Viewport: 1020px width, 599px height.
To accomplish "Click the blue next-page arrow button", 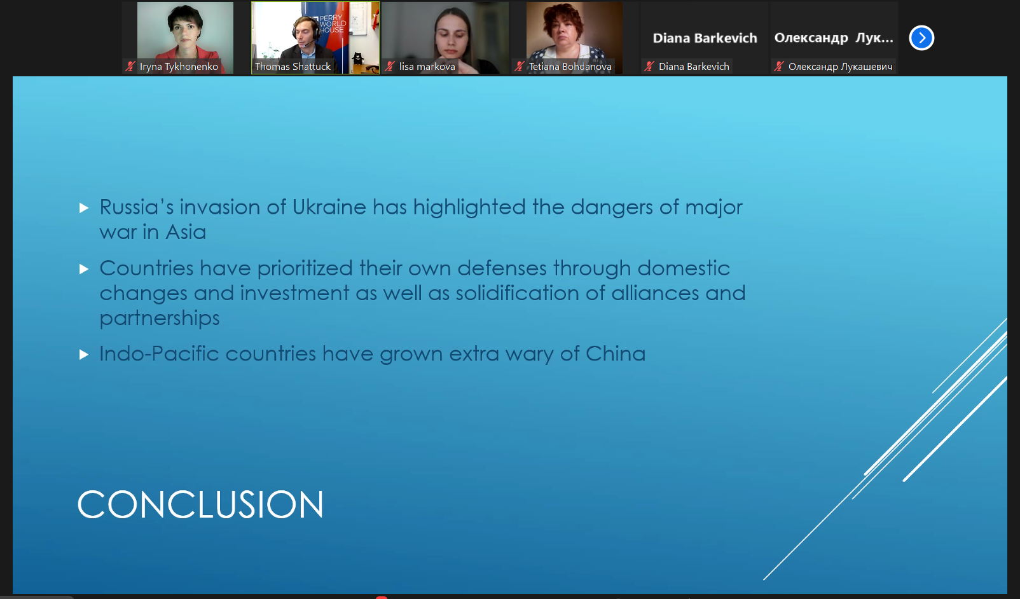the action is (921, 38).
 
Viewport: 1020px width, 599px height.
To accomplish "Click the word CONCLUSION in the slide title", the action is (200, 504).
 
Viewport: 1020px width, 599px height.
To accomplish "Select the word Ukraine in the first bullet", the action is (329, 207).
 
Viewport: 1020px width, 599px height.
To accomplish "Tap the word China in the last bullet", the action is (616, 354).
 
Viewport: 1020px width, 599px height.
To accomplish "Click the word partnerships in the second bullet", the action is (160, 318).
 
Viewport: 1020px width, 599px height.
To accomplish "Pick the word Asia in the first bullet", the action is (186, 232).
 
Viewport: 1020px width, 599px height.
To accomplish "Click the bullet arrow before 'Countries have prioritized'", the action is (84, 269).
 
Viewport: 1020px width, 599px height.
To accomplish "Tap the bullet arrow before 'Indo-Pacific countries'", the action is (84, 355).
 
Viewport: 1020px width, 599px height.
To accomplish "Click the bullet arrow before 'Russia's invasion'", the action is (84, 208).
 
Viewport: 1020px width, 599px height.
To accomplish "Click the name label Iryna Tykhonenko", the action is (179, 67).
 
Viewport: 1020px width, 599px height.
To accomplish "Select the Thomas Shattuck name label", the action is (293, 67).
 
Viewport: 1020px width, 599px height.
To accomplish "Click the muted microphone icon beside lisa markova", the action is (389, 67).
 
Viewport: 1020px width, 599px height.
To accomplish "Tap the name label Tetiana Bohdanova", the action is (570, 67).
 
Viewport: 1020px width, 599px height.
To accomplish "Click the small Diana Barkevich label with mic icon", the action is (687, 67).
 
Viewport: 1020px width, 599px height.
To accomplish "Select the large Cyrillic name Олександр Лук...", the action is (834, 38).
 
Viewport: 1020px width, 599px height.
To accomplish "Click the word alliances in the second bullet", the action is (655, 293).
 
